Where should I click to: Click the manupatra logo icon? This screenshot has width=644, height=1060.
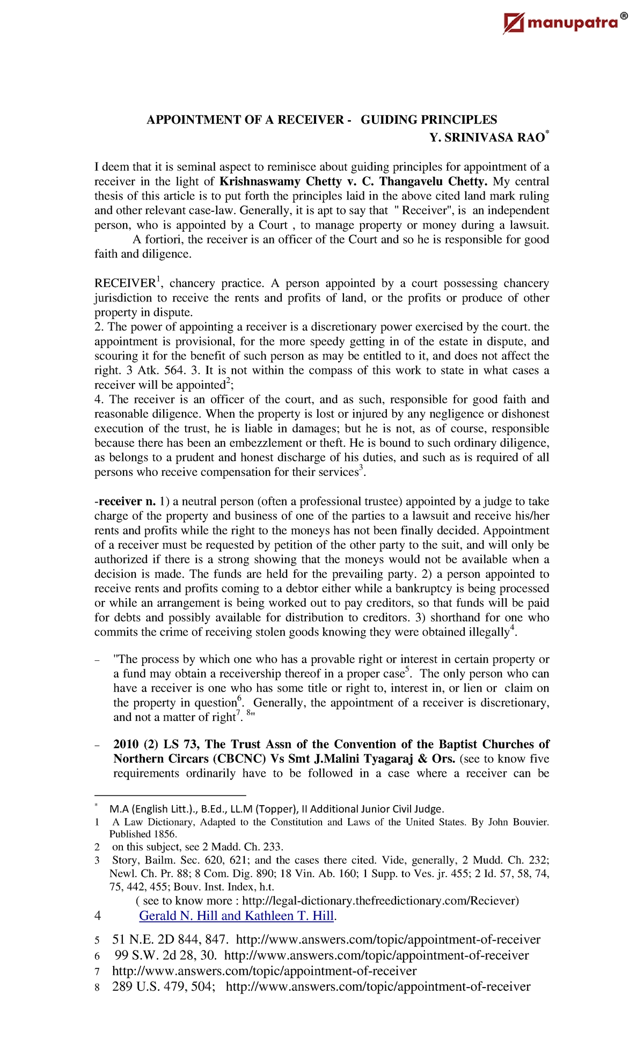pyautogui.click(x=514, y=23)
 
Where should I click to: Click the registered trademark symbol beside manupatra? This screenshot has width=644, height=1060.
pyautogui.click(x=623, y=17)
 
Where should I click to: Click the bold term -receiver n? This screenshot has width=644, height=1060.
pyautogui.click(x=125, y=502)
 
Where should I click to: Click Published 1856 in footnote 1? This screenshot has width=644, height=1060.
pyautogui.click(x=143, y=834)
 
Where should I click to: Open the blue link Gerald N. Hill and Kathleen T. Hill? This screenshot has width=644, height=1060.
pyautogui.click(x=236, y=916)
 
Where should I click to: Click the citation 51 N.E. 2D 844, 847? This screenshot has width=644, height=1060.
pyautogui.click(x=171, y=939)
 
